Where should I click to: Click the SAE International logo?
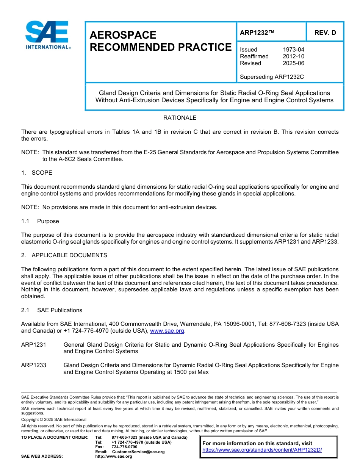click(x=47, y=35)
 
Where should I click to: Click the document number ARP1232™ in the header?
click(x=257, y=33)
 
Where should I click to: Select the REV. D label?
click(x=325, y=33)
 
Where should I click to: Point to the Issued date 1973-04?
click(x=293, y=50)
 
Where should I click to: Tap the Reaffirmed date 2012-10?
click(x=293, y=56)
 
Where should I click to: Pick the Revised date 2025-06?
click(x=293, y=63)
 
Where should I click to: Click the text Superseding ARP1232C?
click(x=272, y=77)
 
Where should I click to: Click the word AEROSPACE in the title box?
click(x=123, y=35)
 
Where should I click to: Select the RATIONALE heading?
click(x=180, y=118)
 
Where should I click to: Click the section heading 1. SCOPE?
click(x=37, y=173)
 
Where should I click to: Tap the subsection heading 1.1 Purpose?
click(x=40, y=221)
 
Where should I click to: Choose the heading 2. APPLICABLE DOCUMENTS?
click(x=64, y=255)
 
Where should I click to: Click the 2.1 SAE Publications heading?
click(x=52, y=310)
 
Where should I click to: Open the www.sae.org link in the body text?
click(x=167, y=331)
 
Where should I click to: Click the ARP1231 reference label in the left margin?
click(x=34, y=345)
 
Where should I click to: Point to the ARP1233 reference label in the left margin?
click(x=34, y=365)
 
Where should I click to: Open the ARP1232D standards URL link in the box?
click(x=262, y=450)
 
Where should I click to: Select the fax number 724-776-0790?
click(x=124, y=447)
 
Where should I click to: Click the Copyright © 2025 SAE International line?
click(x=54, y=419)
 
